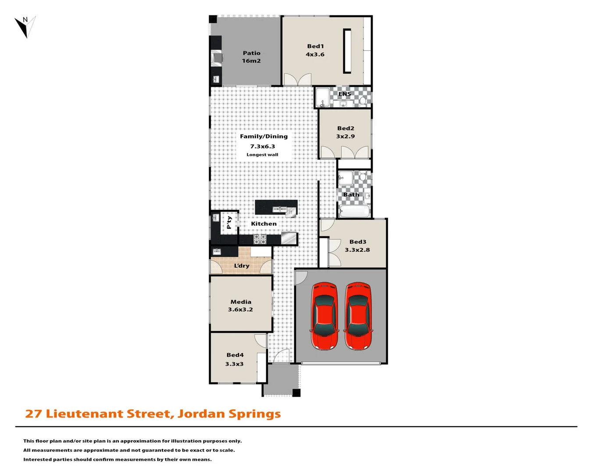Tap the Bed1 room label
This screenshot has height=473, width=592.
[x=315, y=46]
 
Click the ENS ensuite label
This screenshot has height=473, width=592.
[x=345, y=94]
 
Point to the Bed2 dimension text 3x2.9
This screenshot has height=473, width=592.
[x=346, y=137]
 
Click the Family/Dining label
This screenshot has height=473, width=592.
[x=264, y=137]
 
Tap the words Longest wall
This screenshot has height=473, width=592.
[x=262, y=155]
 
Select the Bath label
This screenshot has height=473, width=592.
[x=351, y=194]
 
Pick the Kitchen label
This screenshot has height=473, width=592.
[x=264, y=224]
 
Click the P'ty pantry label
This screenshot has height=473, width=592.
[x=229, y=222]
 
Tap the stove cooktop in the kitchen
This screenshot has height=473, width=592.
[x=260, y=239]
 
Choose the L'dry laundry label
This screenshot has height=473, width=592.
[x=242, y=266]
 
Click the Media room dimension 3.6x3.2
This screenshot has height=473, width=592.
[x=240, y=310]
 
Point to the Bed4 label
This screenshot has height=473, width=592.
[x=235, y=355]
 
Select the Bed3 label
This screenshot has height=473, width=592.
[x=358, y=242]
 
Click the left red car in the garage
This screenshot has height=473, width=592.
[x=324, y=315]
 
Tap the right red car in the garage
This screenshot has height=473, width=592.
[x=358, y=315]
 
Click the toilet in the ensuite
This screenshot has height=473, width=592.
[x=363, y=101]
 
